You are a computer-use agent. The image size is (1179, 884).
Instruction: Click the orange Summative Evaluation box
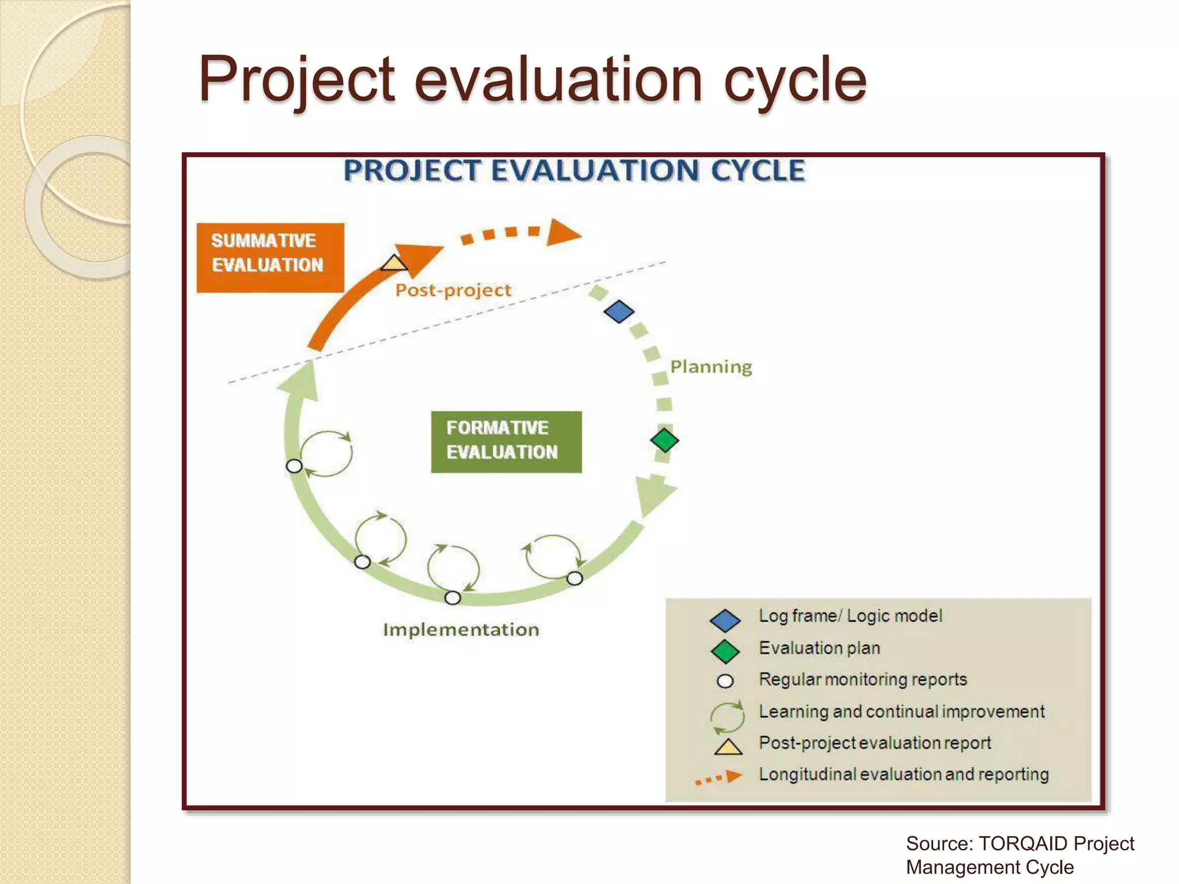(x=270, y=258)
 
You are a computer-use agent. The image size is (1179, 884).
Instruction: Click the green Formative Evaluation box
(x=506, y=442)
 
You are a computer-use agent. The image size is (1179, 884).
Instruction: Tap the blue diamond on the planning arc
(x=619, y=311)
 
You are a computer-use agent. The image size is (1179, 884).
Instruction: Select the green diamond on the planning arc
(x=664, y=440)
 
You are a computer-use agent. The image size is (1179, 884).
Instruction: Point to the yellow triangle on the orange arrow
(x=394, y=264)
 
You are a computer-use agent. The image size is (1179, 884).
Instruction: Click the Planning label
(x=711, y=367)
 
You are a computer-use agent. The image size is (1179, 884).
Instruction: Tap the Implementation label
(x=461, y=630)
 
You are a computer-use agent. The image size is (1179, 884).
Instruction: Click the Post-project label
(x=453, y=290)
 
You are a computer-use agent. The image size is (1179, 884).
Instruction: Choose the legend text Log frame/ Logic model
(x=850, y=616)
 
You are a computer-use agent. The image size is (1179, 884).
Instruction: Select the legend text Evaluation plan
(x=819, y=648)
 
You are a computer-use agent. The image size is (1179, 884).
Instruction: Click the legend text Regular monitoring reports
(x=862, y=680)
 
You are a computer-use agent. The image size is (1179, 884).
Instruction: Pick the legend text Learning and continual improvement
(x=901, y=712)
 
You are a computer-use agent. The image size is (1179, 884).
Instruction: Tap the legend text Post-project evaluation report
(x=874, y=743)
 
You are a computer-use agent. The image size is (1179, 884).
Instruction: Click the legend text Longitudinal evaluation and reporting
(x=903, y=775)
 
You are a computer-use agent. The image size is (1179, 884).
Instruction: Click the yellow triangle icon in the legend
(x=728, y=747)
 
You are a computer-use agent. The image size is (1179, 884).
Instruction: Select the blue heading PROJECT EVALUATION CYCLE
(x=574, y=171)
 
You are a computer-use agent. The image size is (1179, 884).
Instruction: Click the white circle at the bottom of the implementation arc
(x=453, y=598)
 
